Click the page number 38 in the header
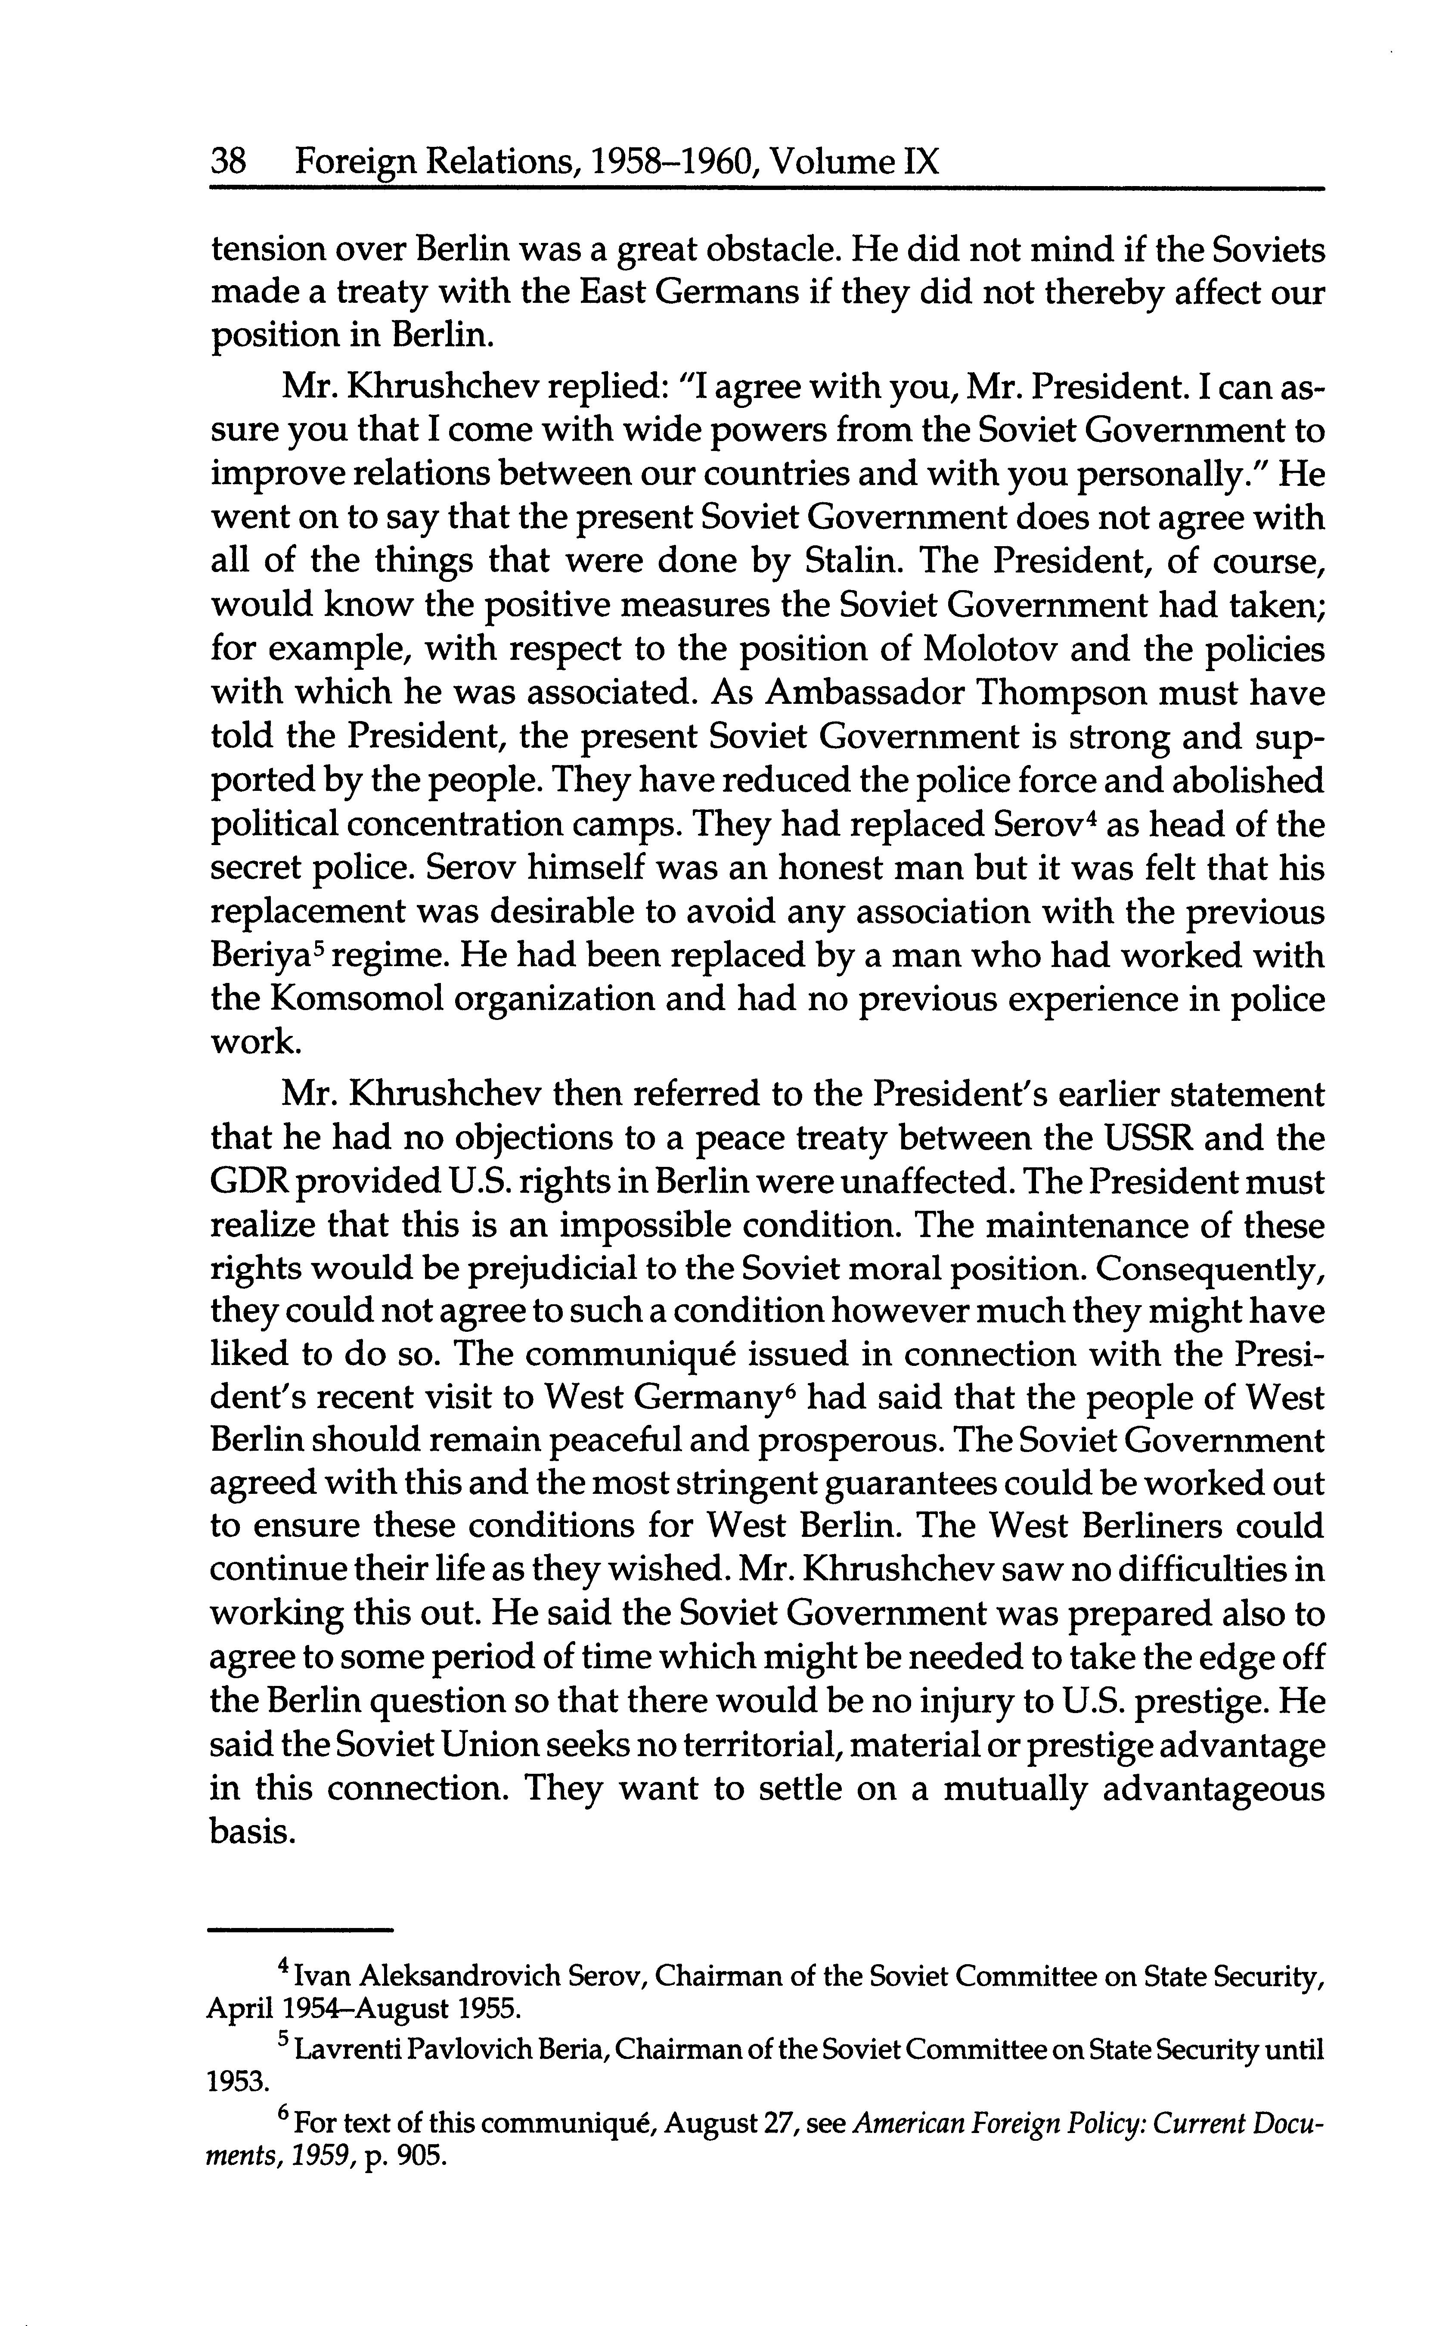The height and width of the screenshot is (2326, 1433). point(228,163)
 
